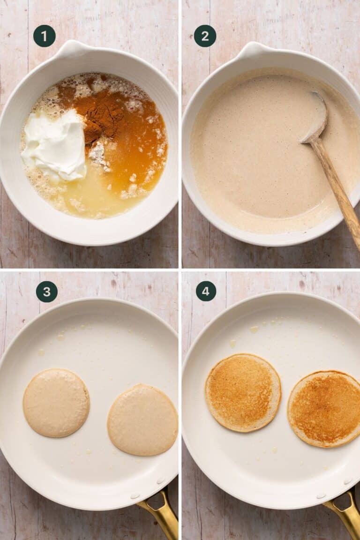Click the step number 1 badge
(45, 36)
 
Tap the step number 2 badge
(205, 36)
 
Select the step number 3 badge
(47, 292)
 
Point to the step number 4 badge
(206, 291)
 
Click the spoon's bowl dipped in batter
(315, 117)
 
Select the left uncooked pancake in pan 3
(56, 403)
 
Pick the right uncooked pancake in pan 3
(142, 420)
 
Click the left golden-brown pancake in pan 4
(243, 392)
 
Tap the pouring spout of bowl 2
(253, 48)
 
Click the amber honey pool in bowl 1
(141, 150)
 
